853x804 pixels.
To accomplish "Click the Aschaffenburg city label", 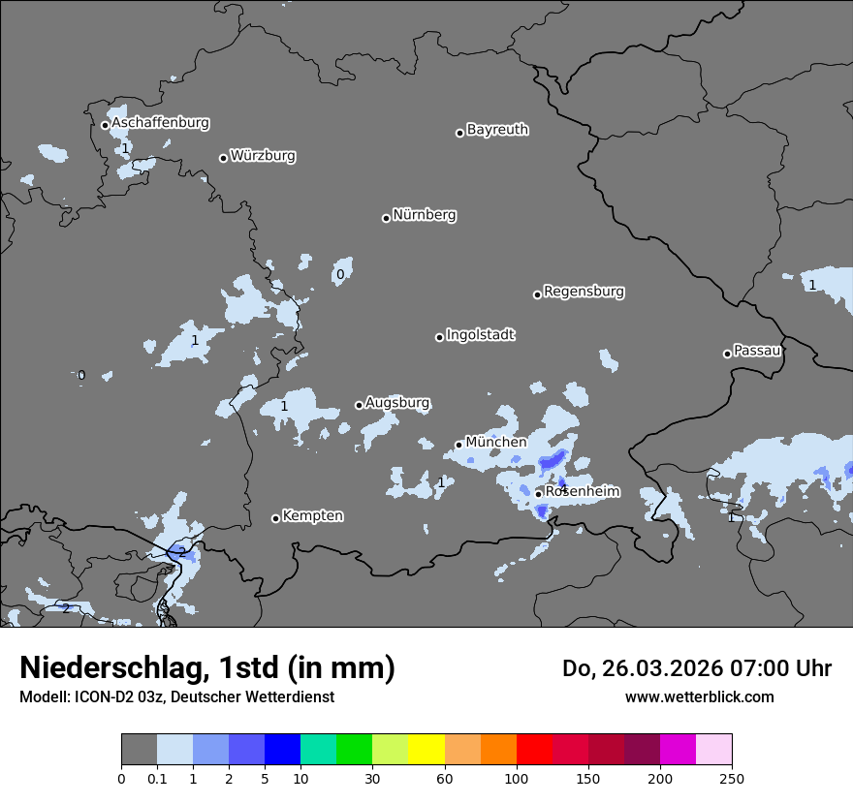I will (160, 123).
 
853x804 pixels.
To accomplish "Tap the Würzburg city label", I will (263, 155).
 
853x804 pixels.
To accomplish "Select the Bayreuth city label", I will (497, 129).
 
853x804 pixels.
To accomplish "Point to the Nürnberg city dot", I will (386, 218).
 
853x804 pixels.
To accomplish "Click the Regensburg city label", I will (584, 291).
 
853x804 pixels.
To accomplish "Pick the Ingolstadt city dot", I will (439, 337).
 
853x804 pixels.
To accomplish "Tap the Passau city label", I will (757, 350).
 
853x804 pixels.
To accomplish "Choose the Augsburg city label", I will (397, 402).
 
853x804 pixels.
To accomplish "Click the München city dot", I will (458, 446).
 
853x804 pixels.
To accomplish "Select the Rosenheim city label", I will (582, 491).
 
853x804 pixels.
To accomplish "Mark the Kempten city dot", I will (275, 518).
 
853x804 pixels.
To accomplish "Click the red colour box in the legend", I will (534, 750).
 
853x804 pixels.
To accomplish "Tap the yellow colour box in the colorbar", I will (426, 750).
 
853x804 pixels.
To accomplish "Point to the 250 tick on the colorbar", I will (732, 777).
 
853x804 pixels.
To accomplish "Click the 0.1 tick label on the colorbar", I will (157, 777).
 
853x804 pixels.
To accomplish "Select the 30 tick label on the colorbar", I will (372, 777).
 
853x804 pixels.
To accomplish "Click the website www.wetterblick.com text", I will (699, 696).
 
